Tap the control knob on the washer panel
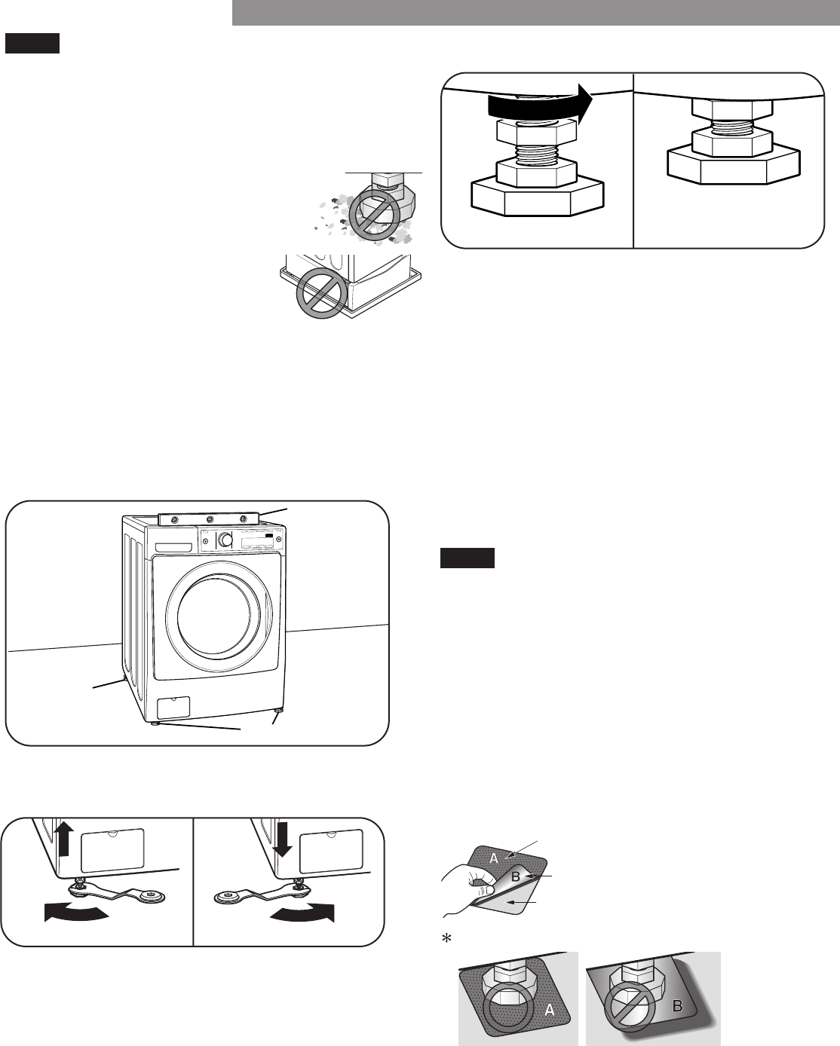click(x=224, y=540)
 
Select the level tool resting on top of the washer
click(x=210, y=519)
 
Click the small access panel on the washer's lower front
click(x=173, y=707)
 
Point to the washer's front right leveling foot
click(x=278, y=711)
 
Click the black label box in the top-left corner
click(x=32, y=44)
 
